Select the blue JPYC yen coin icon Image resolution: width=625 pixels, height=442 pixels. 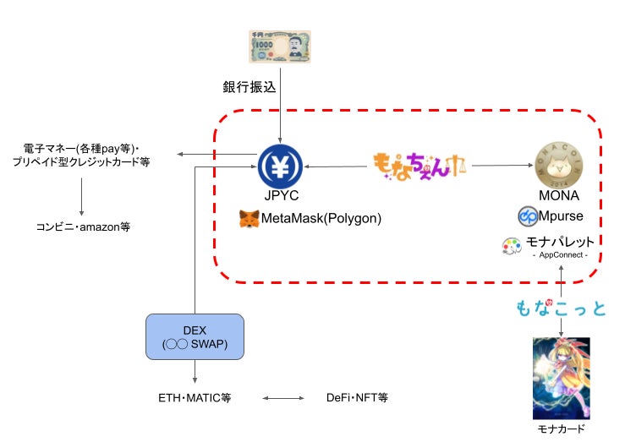click(x=280, y=166)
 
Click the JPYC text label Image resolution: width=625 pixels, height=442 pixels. click(x=280, y=197)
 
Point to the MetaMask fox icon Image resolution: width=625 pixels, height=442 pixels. click(x=249, y=218)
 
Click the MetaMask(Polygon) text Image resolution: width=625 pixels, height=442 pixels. click(x=322, y=218)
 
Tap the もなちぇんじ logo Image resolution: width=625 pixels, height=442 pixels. click(x=420, y=165)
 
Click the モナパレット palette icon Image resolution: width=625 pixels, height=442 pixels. click(x=512, y=245)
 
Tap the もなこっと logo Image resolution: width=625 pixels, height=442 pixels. click(x=560, y=308)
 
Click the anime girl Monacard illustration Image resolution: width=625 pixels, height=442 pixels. click(x=561, y=378)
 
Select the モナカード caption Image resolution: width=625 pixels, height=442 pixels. click(x=561, y=429)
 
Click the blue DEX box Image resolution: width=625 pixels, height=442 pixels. click(x=195, y=336)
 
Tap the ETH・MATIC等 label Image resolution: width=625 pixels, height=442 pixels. click(x=195, y=396)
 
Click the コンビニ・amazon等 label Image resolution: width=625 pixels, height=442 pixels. click(x=83, y=226)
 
